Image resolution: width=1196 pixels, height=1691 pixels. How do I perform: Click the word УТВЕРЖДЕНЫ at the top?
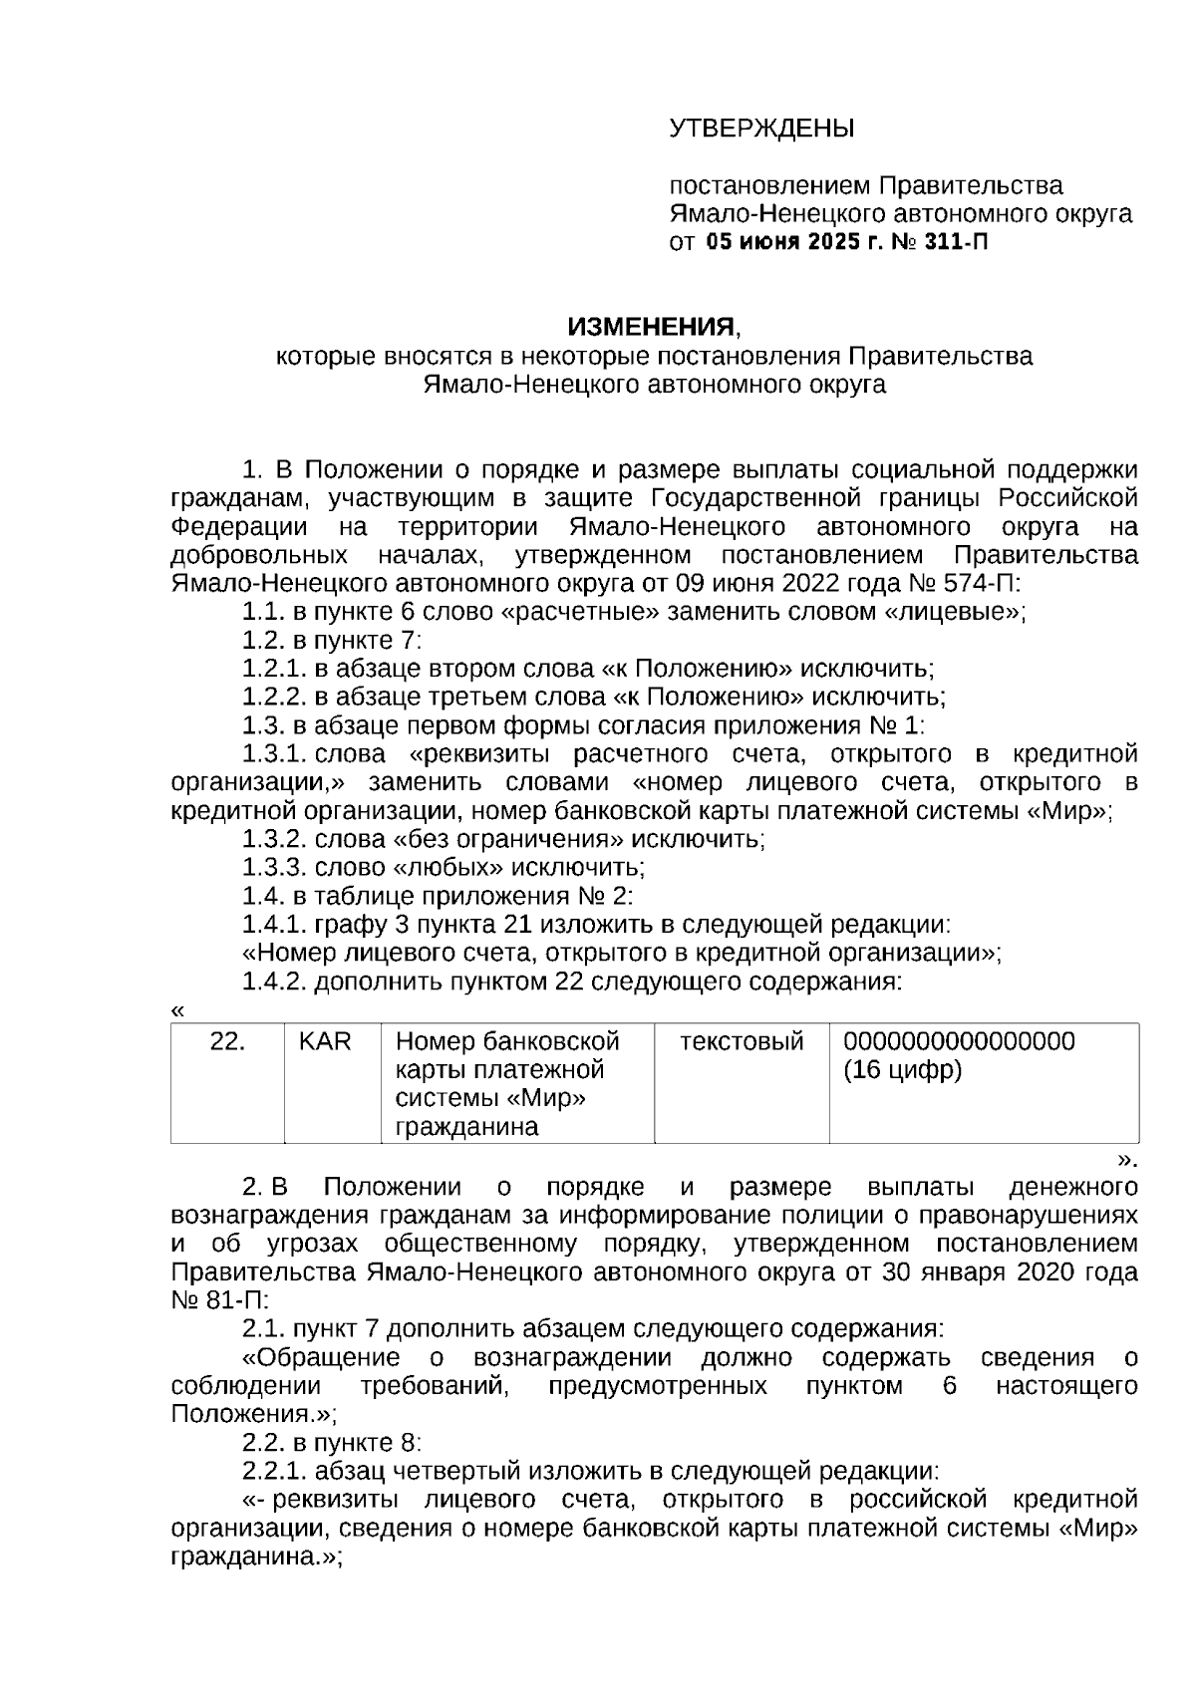click(761, 130)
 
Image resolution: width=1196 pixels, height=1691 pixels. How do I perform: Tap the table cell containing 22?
click(227, 1042)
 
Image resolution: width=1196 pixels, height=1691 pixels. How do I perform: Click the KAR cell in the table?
click(325, 1042)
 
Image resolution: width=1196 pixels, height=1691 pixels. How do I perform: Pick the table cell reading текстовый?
click(741, 1042)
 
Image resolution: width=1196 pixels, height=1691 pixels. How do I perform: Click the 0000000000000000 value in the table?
click(959, 1042)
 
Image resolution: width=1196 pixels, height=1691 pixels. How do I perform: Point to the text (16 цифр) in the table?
click(902, 1071)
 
